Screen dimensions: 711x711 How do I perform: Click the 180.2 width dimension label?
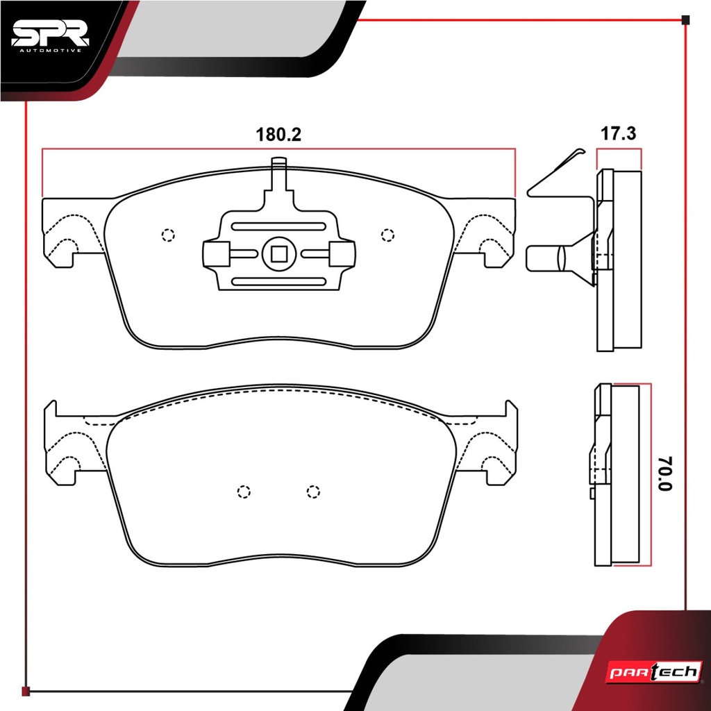[278, 135]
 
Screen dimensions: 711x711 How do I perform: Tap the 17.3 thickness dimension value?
[619, 134]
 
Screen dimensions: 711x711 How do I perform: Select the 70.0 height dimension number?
[665, 474]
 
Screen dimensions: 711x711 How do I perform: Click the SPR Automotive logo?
[50, 37]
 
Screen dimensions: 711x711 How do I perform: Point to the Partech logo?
[654, 671]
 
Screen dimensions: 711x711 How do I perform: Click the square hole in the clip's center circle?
[279, 254]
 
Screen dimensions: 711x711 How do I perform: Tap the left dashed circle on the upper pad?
[168, 235]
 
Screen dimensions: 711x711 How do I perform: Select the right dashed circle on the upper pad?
[387, 235]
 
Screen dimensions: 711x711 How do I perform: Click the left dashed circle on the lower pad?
[244, 492]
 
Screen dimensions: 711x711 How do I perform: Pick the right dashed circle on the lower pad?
[313, 492]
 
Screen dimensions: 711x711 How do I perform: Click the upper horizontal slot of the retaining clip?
[278, 226]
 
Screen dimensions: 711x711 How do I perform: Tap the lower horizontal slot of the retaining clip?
[278, 282]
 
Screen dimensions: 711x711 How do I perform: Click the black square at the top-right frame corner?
[685, 20]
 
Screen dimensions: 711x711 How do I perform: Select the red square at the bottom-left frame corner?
[26, 692]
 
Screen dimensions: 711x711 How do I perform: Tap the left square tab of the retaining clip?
[216, 254]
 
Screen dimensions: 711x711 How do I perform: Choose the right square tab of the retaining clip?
[342, 254]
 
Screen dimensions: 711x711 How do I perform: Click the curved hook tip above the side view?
[581, 151]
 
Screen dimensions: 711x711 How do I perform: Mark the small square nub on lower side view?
[593, 494]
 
